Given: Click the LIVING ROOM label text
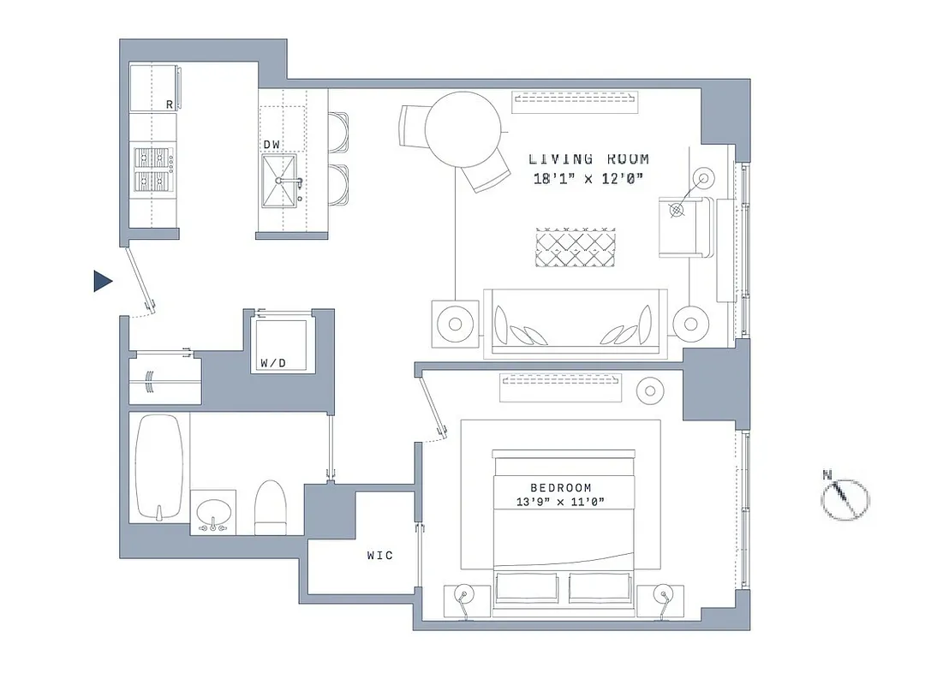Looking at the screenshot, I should click(588, 158).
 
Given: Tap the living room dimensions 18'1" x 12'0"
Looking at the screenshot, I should click(588, 178).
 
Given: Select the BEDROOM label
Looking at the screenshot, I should click(560, 487).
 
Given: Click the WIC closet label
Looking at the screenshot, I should click(379, 556).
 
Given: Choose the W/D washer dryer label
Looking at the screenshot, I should click(272, 363).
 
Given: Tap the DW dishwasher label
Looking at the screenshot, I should click(272, 144).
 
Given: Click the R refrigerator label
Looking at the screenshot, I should click(170, 104).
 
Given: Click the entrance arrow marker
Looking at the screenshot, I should click(103, 282).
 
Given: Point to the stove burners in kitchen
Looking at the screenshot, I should click(152, 169).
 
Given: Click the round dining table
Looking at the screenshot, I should click(462, 129).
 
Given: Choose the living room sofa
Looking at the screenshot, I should click(575, 322).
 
